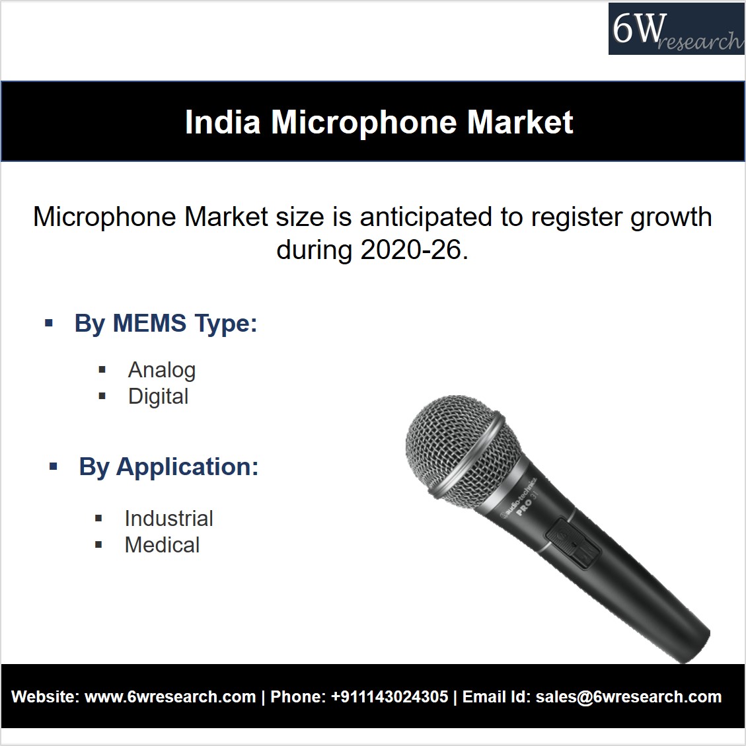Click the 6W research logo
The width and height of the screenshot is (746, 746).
[x=676, y=29]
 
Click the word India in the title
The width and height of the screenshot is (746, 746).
[x=223, y=122]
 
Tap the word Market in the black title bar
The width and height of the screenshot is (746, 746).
[x=520, y=122]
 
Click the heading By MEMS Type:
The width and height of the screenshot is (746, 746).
[x=166, y=324]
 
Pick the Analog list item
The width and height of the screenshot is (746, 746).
[x=162, y=370]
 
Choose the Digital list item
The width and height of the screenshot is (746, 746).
[x=158, y=396]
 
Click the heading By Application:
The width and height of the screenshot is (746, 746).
[x=168, y=467]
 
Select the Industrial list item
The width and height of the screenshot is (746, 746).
[x=168, y=518]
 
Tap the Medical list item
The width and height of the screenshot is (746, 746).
[x=162, y=544]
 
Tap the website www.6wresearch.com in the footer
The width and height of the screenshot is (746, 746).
[x=170, y=697]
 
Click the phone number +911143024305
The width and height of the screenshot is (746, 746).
[x=389, y=697]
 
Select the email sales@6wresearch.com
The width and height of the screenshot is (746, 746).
[x=628, y=697]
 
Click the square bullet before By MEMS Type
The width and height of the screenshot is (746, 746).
[x=48, y=324]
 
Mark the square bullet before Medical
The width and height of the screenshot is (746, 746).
[x=98, y=544]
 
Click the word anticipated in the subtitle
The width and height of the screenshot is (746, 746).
[x=426, y=217]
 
